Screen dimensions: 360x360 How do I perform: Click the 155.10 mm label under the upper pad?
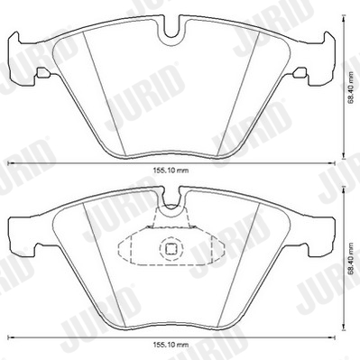(171, 171)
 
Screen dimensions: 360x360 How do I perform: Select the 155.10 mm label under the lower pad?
(171, 345)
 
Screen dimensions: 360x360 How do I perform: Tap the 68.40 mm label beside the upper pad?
(351, 88)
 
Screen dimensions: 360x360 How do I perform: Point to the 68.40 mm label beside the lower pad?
(351, 260)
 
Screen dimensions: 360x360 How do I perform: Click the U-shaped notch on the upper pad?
(171, 32)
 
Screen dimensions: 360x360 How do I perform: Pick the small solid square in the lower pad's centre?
(171, 248)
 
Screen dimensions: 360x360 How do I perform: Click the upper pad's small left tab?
(42, 72)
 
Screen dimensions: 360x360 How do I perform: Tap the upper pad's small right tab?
(300, 72)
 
